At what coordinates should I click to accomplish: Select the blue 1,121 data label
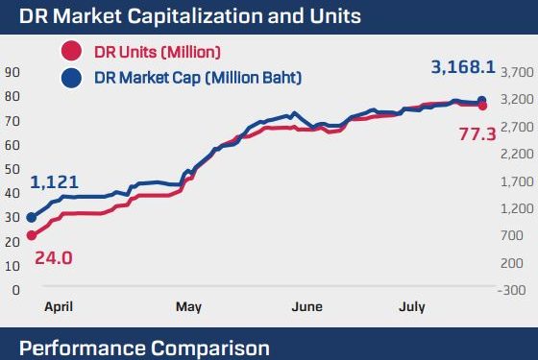(x=54, y=182)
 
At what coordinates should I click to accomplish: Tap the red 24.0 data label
(x=53, y=257)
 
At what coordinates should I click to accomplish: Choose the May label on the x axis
(x=188, y=307)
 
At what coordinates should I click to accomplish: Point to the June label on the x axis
(x=306, y=307)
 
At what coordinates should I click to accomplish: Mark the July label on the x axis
(x=412, y=307)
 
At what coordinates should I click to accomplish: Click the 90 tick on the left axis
(x=12, y=72)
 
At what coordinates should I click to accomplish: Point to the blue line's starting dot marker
(x=32, y=218)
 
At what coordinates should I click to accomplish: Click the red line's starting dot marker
(x=32, y=234)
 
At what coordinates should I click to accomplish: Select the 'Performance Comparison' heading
(x=144, y=347)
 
